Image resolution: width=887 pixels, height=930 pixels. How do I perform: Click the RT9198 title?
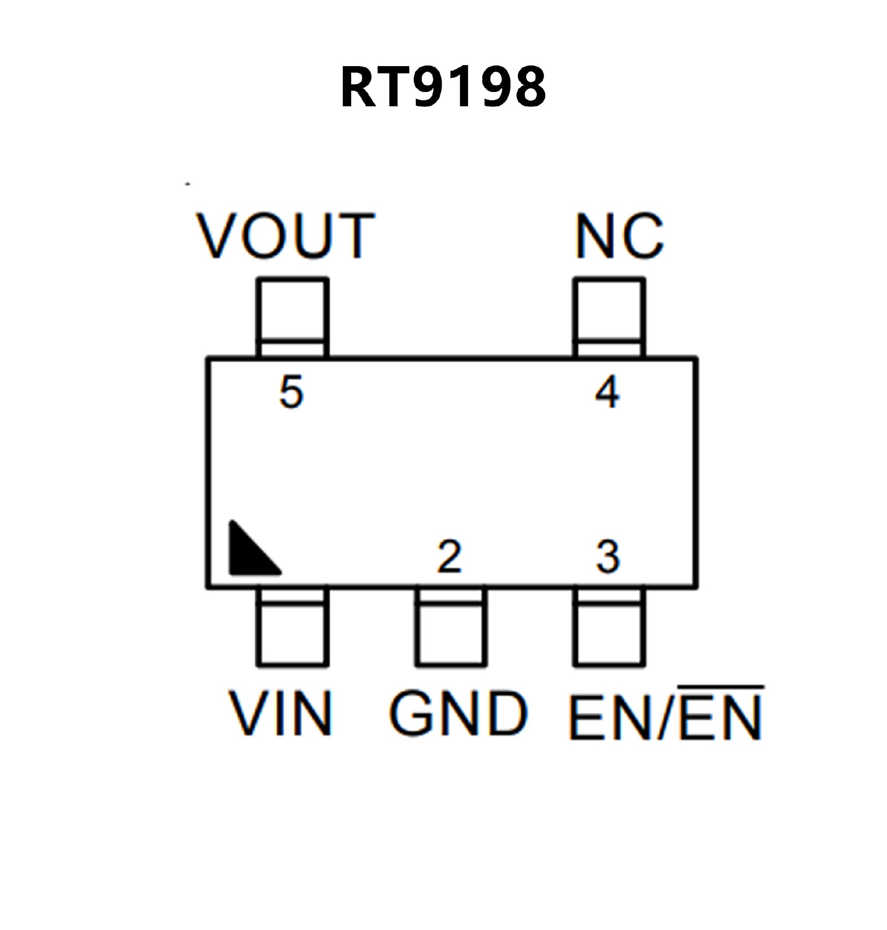pyautogui.click(x=443, y=87)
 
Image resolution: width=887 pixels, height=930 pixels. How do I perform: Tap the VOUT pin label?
pyautogui.click(x=286, y=236)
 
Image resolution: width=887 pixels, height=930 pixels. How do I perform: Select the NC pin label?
pyautogui.click(x=620, y=236)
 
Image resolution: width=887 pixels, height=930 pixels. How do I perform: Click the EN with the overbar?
pyautogui.click(x=721, y=716)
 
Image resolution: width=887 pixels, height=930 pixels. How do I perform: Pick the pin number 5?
pyautogui.click(x=291, y=392)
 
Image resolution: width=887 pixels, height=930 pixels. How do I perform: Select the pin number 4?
pyautogui.click(x=607, y=392)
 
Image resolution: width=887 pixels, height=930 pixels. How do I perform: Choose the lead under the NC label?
pyautogui.click(x=609, y=317)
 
